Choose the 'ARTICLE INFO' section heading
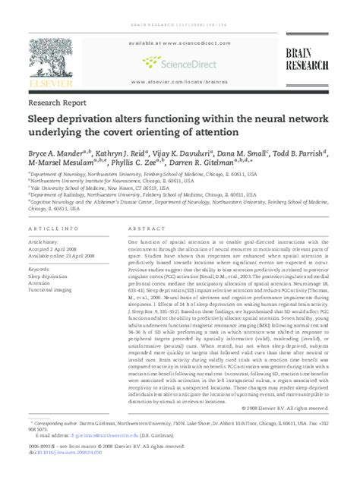click(53, 229)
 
